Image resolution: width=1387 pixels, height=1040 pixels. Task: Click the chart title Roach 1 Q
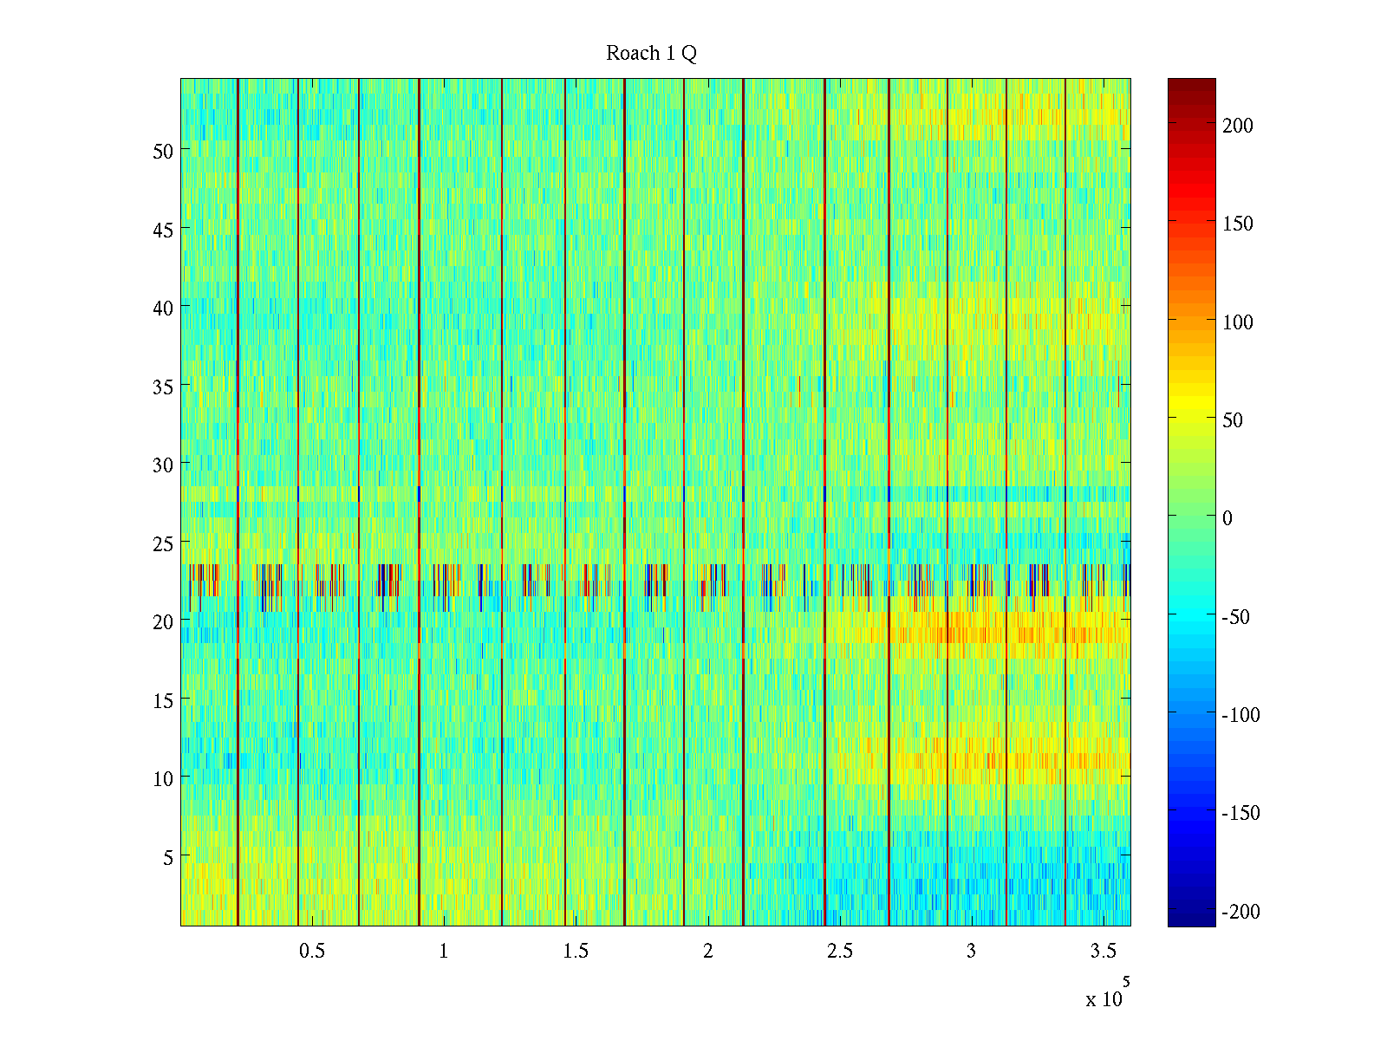651,54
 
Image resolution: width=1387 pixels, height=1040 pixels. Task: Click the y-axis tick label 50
163,151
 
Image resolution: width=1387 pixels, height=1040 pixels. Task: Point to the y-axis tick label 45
163,230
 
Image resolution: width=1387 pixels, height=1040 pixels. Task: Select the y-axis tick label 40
163,308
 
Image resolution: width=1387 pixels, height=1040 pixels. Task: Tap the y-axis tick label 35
163,387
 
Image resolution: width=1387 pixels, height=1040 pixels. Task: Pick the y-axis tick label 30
163,465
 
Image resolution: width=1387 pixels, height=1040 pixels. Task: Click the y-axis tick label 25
163,543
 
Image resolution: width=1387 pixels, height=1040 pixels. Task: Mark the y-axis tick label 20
163,621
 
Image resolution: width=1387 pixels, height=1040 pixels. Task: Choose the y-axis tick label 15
163,700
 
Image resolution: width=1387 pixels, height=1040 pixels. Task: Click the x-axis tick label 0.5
312,952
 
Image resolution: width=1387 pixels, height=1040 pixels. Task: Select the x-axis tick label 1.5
576,952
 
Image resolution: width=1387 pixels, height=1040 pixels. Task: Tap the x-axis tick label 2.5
839,952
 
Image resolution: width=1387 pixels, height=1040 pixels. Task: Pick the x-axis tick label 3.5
1103,952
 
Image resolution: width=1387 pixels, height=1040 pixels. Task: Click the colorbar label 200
1238,126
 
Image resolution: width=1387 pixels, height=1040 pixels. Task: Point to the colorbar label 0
1227,518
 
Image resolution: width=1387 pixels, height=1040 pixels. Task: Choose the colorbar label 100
1238,322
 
